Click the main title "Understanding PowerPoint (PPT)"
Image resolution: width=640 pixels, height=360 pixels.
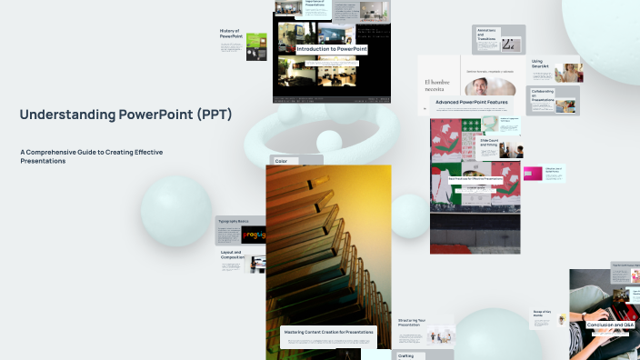[125, 115]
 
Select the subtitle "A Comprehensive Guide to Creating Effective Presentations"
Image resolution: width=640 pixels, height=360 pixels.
[91, 155]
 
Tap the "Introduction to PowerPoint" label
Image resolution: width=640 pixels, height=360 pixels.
[331, 49]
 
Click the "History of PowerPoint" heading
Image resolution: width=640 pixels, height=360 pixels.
[230, 34]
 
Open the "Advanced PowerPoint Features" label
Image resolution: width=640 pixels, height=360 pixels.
[471, 103]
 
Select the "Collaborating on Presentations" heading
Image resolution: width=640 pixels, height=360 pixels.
[544, 95]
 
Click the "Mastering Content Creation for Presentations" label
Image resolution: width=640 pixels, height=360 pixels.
[328, 332]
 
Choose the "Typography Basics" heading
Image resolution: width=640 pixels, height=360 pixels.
[234, 221]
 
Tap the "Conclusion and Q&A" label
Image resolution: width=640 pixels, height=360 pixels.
[610, 325]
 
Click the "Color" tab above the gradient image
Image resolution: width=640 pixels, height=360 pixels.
[281, 161]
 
